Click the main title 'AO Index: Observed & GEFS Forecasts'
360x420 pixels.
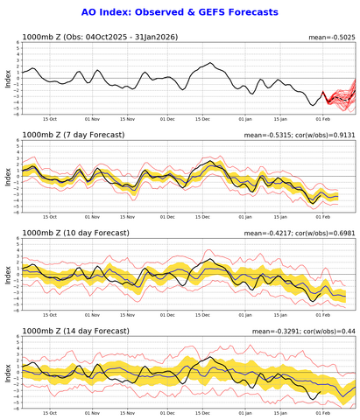(179, 12)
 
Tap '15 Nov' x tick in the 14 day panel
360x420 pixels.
(128, 413)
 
